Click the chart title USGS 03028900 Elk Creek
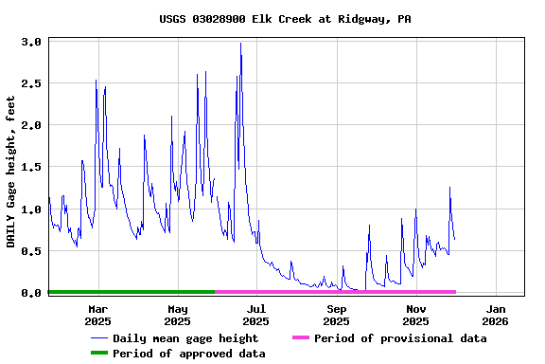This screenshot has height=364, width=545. click(272, 19)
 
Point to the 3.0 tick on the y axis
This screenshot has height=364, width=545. click(31, 42)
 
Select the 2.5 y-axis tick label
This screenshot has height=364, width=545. click(31, 83)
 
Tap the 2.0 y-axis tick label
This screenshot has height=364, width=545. click(31, 125)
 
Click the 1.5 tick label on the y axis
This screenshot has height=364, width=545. click(31, 167)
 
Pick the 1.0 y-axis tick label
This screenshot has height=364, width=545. click(31, 209)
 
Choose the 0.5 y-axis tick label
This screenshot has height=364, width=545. click(31, 250)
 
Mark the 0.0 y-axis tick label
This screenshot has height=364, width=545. click(31, 293)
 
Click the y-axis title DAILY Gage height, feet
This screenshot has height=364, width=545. click(10, 172)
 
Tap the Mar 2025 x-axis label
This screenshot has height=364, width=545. click(98, 314)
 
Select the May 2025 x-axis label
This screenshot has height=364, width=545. click(178, 314)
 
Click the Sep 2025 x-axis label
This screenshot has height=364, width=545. click(337, 314)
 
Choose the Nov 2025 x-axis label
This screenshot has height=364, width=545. click(416, 314)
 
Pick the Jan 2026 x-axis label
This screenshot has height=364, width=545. click(496, 314)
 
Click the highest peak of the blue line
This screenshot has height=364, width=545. click(240, 44)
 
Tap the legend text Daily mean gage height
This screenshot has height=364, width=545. click(185, 338)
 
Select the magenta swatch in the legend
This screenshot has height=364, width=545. click(300, 337)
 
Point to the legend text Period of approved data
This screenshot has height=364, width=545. click(189, 354)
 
